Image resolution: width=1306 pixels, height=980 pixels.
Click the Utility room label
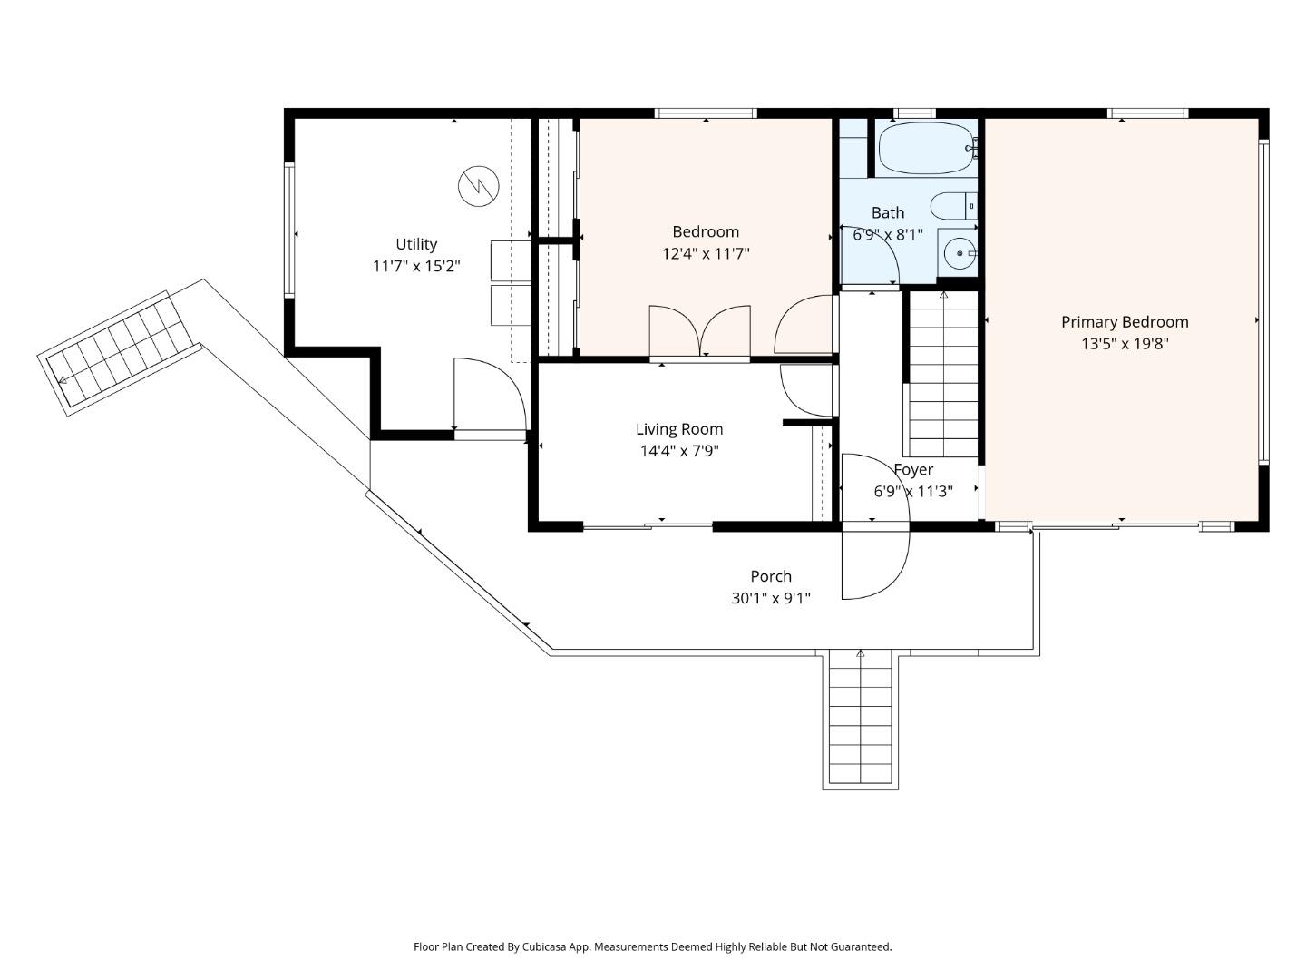click(x=416, y=244)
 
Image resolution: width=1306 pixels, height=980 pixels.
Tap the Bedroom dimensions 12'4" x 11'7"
click(x=706, y=254)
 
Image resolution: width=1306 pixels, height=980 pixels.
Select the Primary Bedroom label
click(x=1125, y=322)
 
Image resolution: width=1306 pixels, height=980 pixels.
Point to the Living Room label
click(x=679, y=429)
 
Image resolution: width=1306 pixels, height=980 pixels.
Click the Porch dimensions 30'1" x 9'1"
click(x=771, y=599)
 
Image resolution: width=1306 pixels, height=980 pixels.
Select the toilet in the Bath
click(x=952, y=207)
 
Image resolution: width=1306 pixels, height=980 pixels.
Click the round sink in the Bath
click(x=959, y=253)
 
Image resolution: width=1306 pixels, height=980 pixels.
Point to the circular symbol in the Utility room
click(x=478, y=187)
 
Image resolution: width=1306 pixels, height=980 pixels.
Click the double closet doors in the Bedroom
click(x=699, y=331)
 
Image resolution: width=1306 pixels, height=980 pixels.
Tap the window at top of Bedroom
click(x=706, y=113)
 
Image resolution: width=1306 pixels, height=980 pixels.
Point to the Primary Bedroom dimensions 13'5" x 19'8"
click(x=1125, y=344)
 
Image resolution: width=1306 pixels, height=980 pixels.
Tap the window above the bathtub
click(x=913, y=113)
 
